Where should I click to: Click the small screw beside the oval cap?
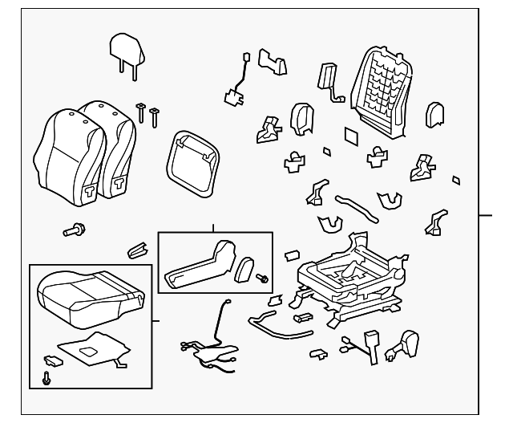(262, 279)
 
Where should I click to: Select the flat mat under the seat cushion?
(92, 348)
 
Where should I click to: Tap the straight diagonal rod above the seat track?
(357, 206)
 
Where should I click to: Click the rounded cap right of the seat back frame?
(435, 114)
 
